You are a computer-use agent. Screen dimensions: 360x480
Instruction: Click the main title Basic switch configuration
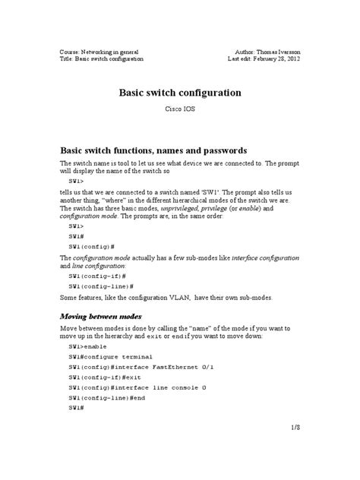click(x=179, y=93)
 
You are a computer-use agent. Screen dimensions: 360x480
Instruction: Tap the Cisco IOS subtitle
click(x=179, y=110)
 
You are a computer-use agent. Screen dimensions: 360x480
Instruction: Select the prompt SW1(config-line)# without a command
click(x=102, y=286)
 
